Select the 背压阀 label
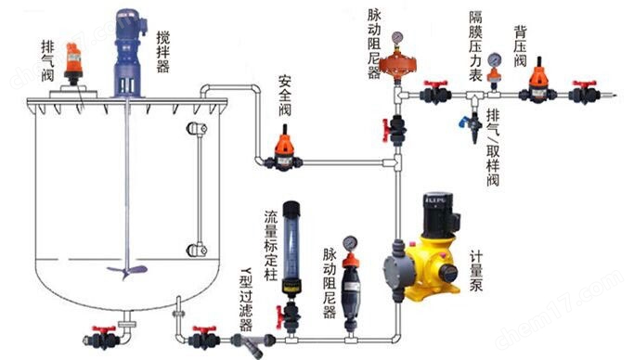pos(520,45)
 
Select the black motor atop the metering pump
pos(436,216)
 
